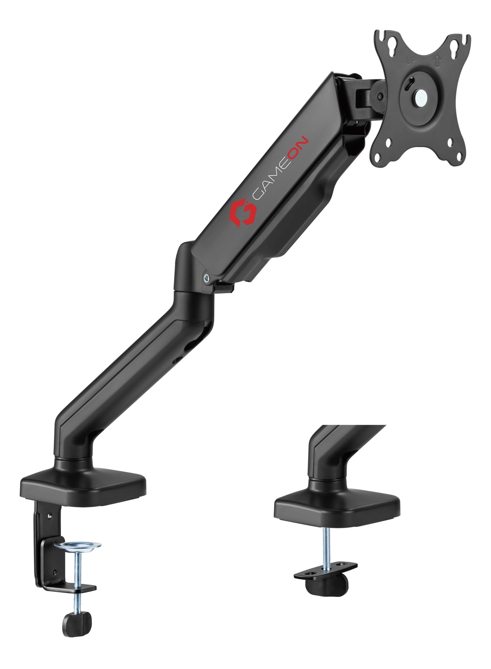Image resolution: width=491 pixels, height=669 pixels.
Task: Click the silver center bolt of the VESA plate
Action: click(419, 97)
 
